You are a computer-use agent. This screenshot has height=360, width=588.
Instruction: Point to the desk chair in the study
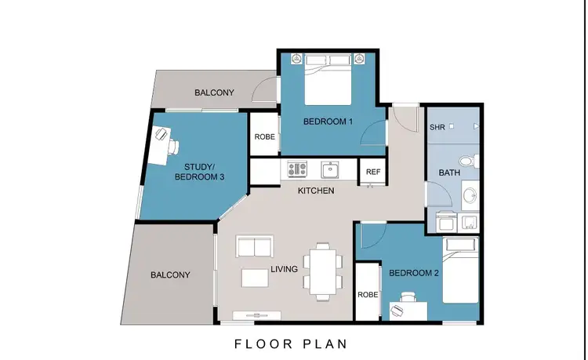click(173, 146)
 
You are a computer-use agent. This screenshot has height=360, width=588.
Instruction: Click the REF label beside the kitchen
click(372, 172)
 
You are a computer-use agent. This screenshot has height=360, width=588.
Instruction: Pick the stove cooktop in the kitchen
click(297, 168)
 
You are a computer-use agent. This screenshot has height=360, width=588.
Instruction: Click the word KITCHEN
click(315, 191)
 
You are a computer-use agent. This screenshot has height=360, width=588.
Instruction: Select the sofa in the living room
click(256, 248)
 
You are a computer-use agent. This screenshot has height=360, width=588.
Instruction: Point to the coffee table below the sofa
click(256, 278)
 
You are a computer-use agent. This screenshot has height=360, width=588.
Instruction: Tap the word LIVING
click(284, 269)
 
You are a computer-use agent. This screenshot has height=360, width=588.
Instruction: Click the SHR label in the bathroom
click(437, 126)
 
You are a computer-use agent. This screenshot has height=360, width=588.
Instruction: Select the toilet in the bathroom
click(467, 162)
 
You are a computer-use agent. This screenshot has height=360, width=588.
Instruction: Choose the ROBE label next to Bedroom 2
click(368, 296)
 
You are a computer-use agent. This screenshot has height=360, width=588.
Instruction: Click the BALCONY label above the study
click(214, 93)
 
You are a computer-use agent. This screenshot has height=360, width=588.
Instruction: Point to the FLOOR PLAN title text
click(291, 344)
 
